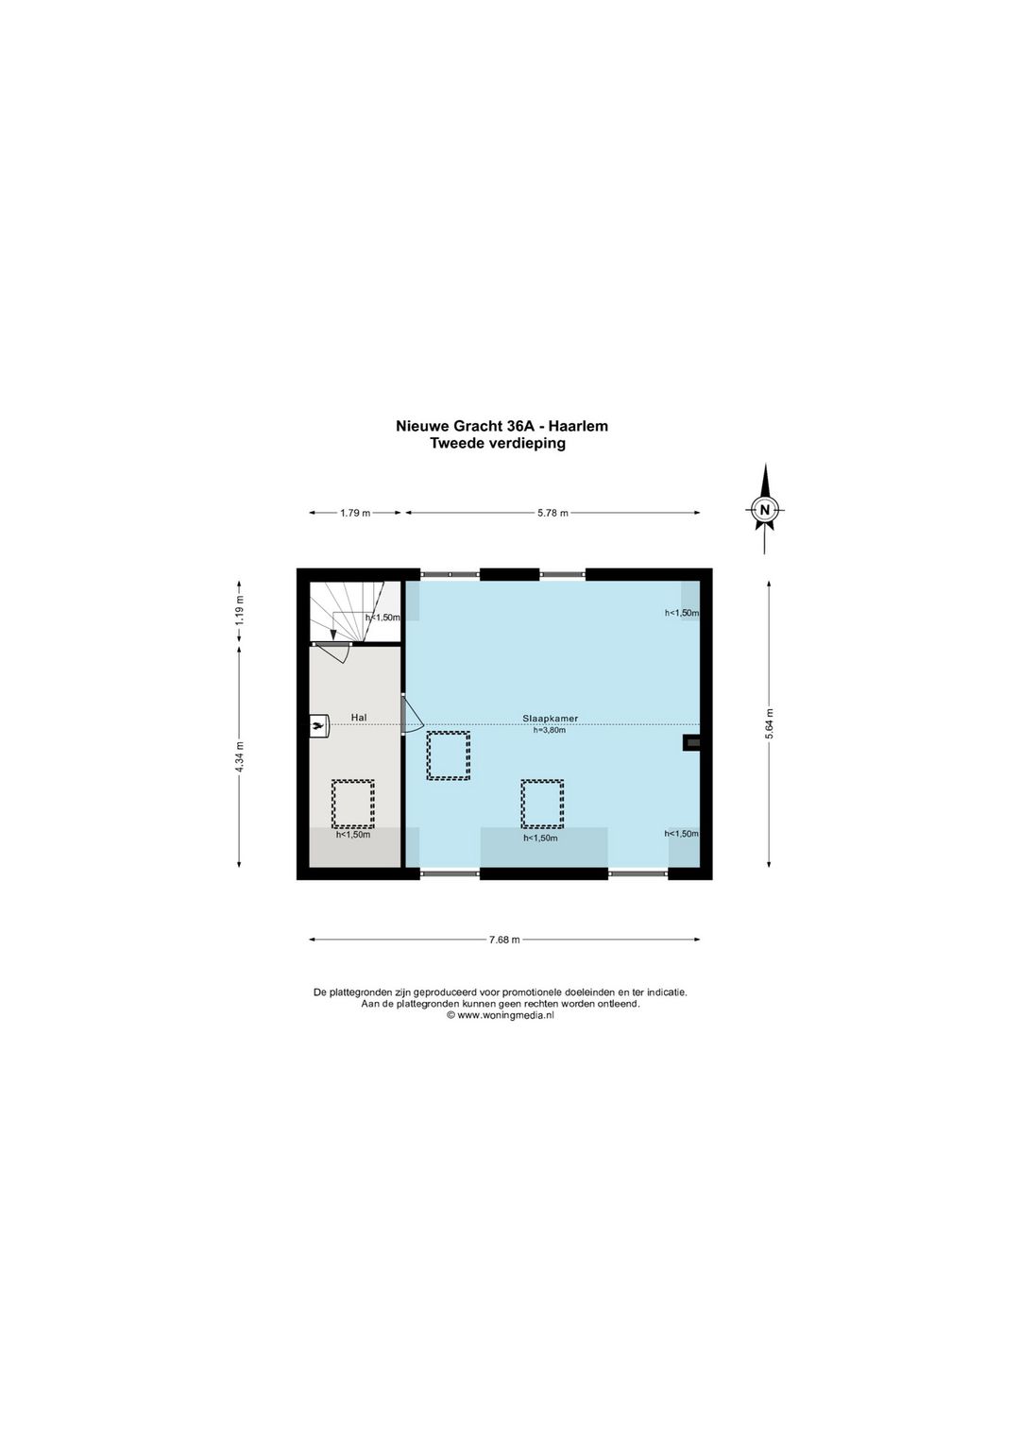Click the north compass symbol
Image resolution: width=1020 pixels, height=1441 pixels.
[x=765, y=510]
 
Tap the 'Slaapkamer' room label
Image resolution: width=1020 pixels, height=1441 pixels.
[x=550, y=718]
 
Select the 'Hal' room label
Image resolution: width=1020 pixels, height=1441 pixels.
[x=358, y=718]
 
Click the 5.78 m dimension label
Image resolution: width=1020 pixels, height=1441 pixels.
[x=552, y=513]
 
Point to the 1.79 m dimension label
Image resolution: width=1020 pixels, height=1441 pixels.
[x=355, y=513]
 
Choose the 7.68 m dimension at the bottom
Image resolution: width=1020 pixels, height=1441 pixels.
[x=504, y=940]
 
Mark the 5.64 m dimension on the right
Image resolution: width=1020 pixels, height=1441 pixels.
[x=770, y=725]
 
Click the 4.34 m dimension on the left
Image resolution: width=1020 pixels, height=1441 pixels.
[x=239, y=756]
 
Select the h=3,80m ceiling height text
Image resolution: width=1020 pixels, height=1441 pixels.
[x=550, y=730]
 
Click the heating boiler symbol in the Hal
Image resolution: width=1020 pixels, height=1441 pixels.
[x=318, y=724]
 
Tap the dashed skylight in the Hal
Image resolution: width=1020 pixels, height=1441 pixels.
[x=352, y=803]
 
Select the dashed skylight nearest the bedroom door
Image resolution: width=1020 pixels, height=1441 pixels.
[x=448, y=755]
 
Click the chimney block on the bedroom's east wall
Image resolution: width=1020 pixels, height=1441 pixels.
[x=691, y=743]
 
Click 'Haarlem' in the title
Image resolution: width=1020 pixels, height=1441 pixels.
[x=579, y=426]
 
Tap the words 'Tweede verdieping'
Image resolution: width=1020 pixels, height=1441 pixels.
[x=497, y=443]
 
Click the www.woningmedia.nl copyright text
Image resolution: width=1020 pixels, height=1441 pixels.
[x=501, y=1015]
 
